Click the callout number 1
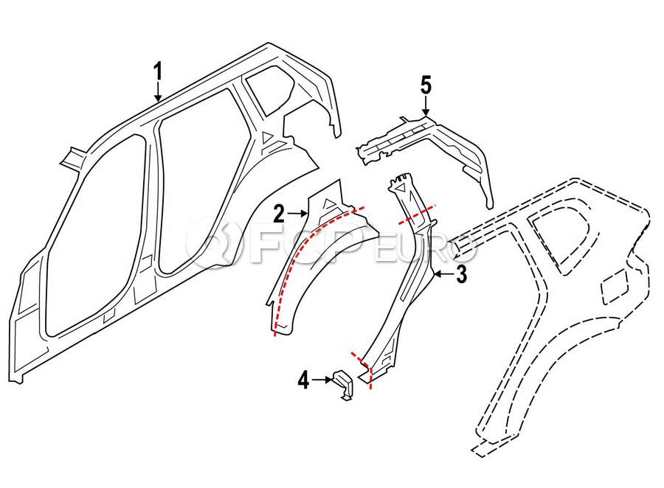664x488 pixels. pyautogui.click(x=158, y=72)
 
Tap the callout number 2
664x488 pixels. pyautogui.click(x=279, y=214)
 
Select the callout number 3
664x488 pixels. pyautogui.click(x=461, y=273)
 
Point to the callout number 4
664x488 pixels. pyautogui.click(x=304, y=380)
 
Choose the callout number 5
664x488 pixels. pyautogui.click(x=426, y=85)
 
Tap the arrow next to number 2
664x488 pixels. pyautogui.click(x=297, y=214)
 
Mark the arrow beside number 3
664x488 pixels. pyautogui.click(x=444, y=274)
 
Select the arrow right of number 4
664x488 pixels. pyautogui.click(x=322, y=380)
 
